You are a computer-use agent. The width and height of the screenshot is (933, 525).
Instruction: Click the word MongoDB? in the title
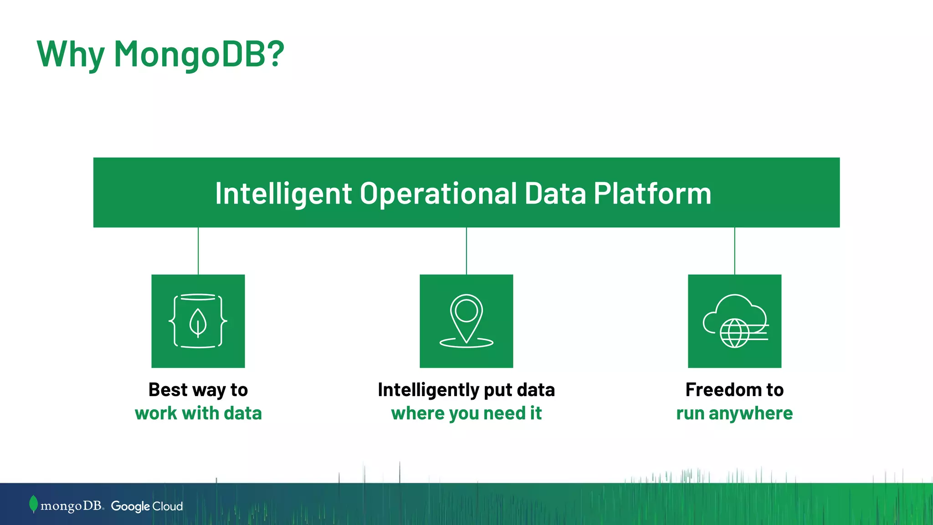(x=199, y=54)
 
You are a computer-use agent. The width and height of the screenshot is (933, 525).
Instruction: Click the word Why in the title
(x=71, y=55)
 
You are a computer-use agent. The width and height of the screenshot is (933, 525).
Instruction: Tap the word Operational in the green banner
(x=438, y=193)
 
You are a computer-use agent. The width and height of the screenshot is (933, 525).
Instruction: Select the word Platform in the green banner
(x=652, y=193)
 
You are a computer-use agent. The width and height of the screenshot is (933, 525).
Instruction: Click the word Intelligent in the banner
(x=283, y=193)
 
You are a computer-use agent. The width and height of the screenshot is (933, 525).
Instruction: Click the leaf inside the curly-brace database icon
(x=198, y=323)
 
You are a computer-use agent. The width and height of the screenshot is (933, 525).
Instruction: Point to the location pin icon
(x=466, y=319)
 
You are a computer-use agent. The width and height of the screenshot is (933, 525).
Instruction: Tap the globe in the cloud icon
(x=734, y=333)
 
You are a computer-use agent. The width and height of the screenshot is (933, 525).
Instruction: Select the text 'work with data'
(x=198, y=413)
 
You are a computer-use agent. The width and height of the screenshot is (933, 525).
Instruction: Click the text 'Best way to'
(x=198, y=390)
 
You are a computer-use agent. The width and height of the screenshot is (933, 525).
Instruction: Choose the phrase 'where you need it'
(x=466, y=413)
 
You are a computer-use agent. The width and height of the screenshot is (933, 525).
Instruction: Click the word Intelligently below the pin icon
(x=428, y=390)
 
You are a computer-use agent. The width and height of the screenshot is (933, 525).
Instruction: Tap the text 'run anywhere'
(x=734, y=413)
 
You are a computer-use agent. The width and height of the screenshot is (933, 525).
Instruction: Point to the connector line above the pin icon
(x=466, y=251)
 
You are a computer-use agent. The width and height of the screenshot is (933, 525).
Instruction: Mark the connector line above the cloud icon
(x=734, y=251)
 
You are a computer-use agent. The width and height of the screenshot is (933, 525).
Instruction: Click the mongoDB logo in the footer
(x=71, y=506)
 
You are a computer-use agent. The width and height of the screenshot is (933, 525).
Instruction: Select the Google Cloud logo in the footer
(x=147, y=506)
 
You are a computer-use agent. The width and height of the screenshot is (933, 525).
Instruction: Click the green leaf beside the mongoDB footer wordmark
(x=33, y=504)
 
